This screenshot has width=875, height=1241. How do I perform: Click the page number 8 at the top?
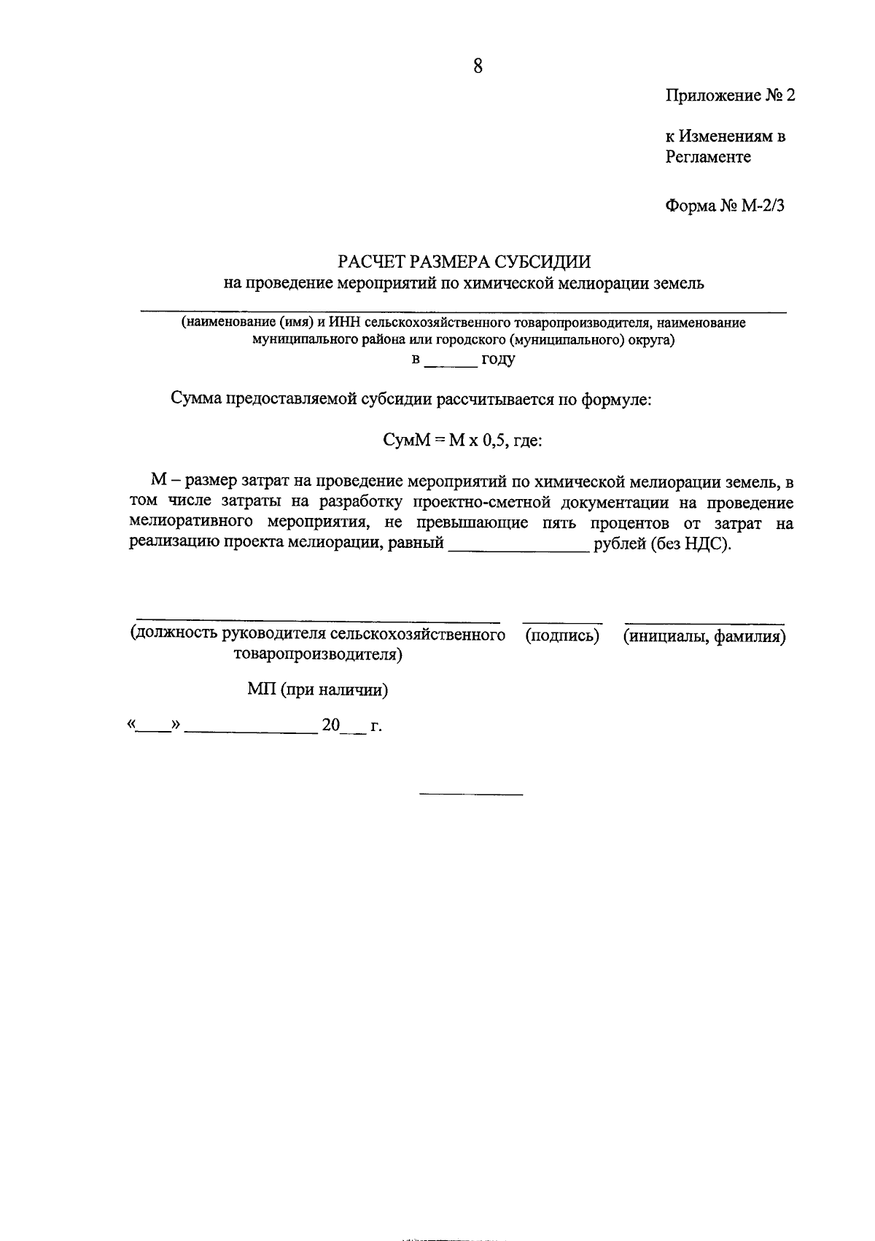[478, 66]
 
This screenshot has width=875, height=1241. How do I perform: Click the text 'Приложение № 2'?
[729, 96]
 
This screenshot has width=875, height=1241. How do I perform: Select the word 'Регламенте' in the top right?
[707, 157]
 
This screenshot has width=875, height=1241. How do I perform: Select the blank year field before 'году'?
[450, 360]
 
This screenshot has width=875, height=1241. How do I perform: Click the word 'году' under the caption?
[498, 360]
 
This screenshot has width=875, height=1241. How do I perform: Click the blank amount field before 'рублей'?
[518, 544]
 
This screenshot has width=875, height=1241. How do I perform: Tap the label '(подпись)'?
[562, 636]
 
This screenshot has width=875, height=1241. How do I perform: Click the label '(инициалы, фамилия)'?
[704, 636]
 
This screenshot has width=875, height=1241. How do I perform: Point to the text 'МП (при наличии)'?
[317, 690]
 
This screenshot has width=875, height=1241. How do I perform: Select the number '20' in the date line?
[331, 726]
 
